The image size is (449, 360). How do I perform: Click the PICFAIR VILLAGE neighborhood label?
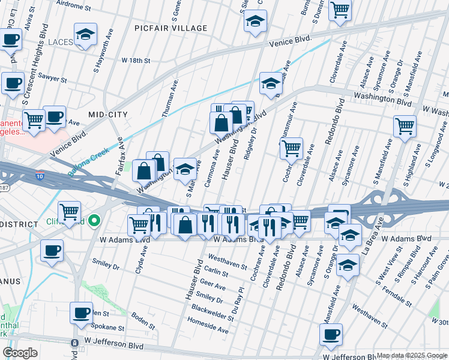click(170, 28)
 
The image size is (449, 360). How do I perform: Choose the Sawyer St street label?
click(52, 77)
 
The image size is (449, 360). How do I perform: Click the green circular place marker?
click(93, 221)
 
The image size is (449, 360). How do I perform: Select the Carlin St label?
click(215, 272)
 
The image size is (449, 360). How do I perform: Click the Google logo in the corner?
click(20, 353)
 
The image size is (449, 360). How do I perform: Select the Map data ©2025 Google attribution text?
click(412, 355)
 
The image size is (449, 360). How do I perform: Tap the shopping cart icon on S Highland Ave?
click(405, 127)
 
